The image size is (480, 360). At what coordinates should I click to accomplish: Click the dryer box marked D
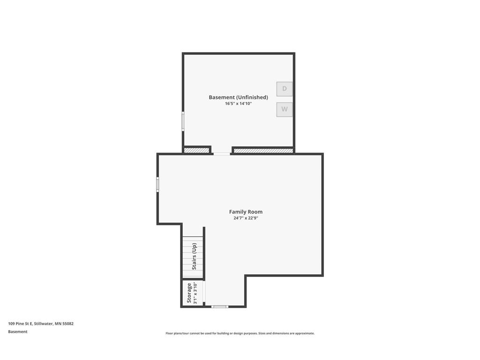[284, 89]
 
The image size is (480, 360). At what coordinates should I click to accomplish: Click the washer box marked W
[284, 110]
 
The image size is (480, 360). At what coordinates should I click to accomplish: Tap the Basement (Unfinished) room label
[238, 97]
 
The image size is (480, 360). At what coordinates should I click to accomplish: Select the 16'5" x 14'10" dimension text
[238, 104]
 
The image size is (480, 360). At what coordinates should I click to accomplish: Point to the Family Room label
[246, 212]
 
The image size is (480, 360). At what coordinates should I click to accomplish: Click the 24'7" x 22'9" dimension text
[246, 218]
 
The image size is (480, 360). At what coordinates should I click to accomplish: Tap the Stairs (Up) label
[194, 256]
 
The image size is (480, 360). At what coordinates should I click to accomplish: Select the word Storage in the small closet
[189, 293]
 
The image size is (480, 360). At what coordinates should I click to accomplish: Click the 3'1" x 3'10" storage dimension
[195, 293]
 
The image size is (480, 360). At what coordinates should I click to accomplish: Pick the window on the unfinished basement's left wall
[183, 121]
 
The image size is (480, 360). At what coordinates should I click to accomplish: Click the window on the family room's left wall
[157, 184]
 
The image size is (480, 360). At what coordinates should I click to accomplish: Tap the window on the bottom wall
[219, 307]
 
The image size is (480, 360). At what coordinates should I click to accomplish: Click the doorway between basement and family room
[222, 153]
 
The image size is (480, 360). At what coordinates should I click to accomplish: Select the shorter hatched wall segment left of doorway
[196, 150]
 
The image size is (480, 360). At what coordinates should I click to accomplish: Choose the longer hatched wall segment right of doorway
[263, 150]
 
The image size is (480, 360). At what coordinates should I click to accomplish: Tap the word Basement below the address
[18, 331]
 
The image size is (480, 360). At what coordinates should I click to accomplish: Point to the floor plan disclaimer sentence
[240, 333]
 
